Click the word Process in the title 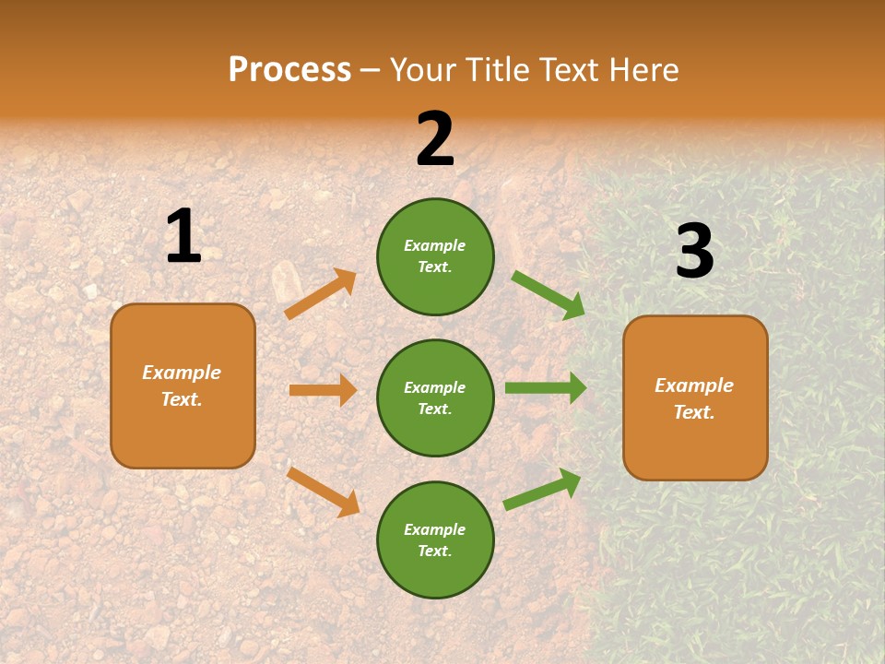point(289,69)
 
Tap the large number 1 point(183,236)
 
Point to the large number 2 point(435,139)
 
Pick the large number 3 point(694,252)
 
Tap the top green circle point(435,256)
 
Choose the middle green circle point(435,397)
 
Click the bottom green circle point(435,540)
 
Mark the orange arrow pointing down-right point(324,492)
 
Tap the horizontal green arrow point(545,388)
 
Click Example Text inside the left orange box point(182,385)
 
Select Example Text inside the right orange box point(694,398)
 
